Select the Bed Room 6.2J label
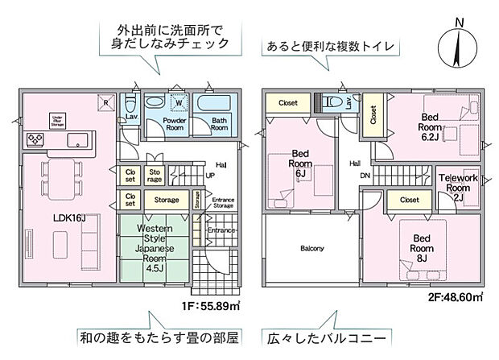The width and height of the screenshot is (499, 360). click(x=431, y=127)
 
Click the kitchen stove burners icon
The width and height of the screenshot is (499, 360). click(x=36, y=139)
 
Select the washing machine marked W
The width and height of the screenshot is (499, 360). click(x=177, y=102)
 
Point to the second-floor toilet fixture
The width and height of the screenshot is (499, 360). click(x=328, y=104)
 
